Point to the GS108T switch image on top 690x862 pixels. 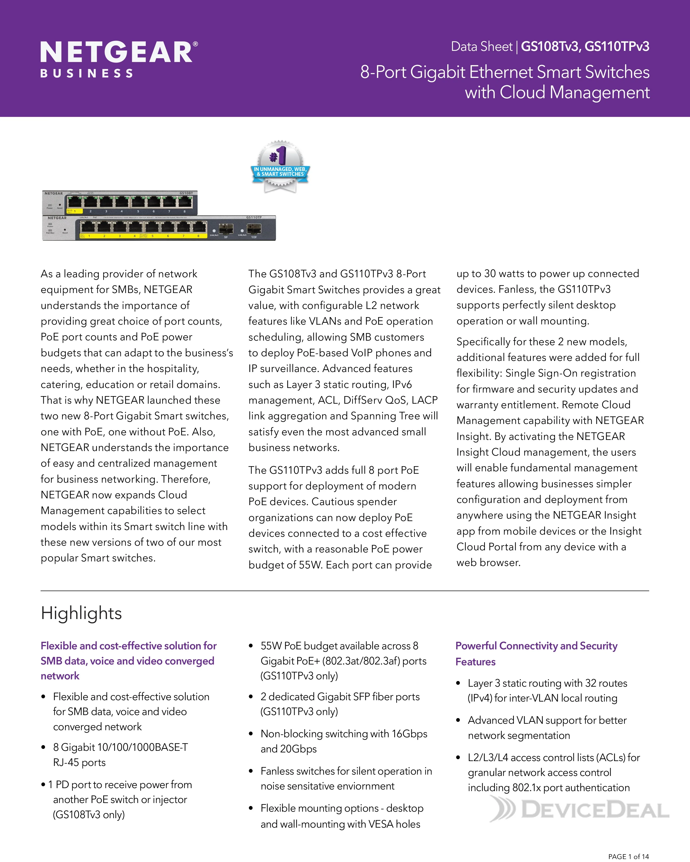click(120, 202)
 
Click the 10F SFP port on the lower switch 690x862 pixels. click(254, 229)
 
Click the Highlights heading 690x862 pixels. click(81, 613)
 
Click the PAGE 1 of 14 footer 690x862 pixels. click(628, 856)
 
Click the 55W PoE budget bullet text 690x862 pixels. click(343, 660)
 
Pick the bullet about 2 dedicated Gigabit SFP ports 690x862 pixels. click(340, 704)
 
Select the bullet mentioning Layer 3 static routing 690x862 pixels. click(547, 690)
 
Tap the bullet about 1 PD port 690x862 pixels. click(120, 799)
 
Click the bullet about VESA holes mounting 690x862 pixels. click(341, 816)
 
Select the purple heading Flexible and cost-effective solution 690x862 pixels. click(128, 660)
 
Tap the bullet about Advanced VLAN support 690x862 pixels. click(547, 728)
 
